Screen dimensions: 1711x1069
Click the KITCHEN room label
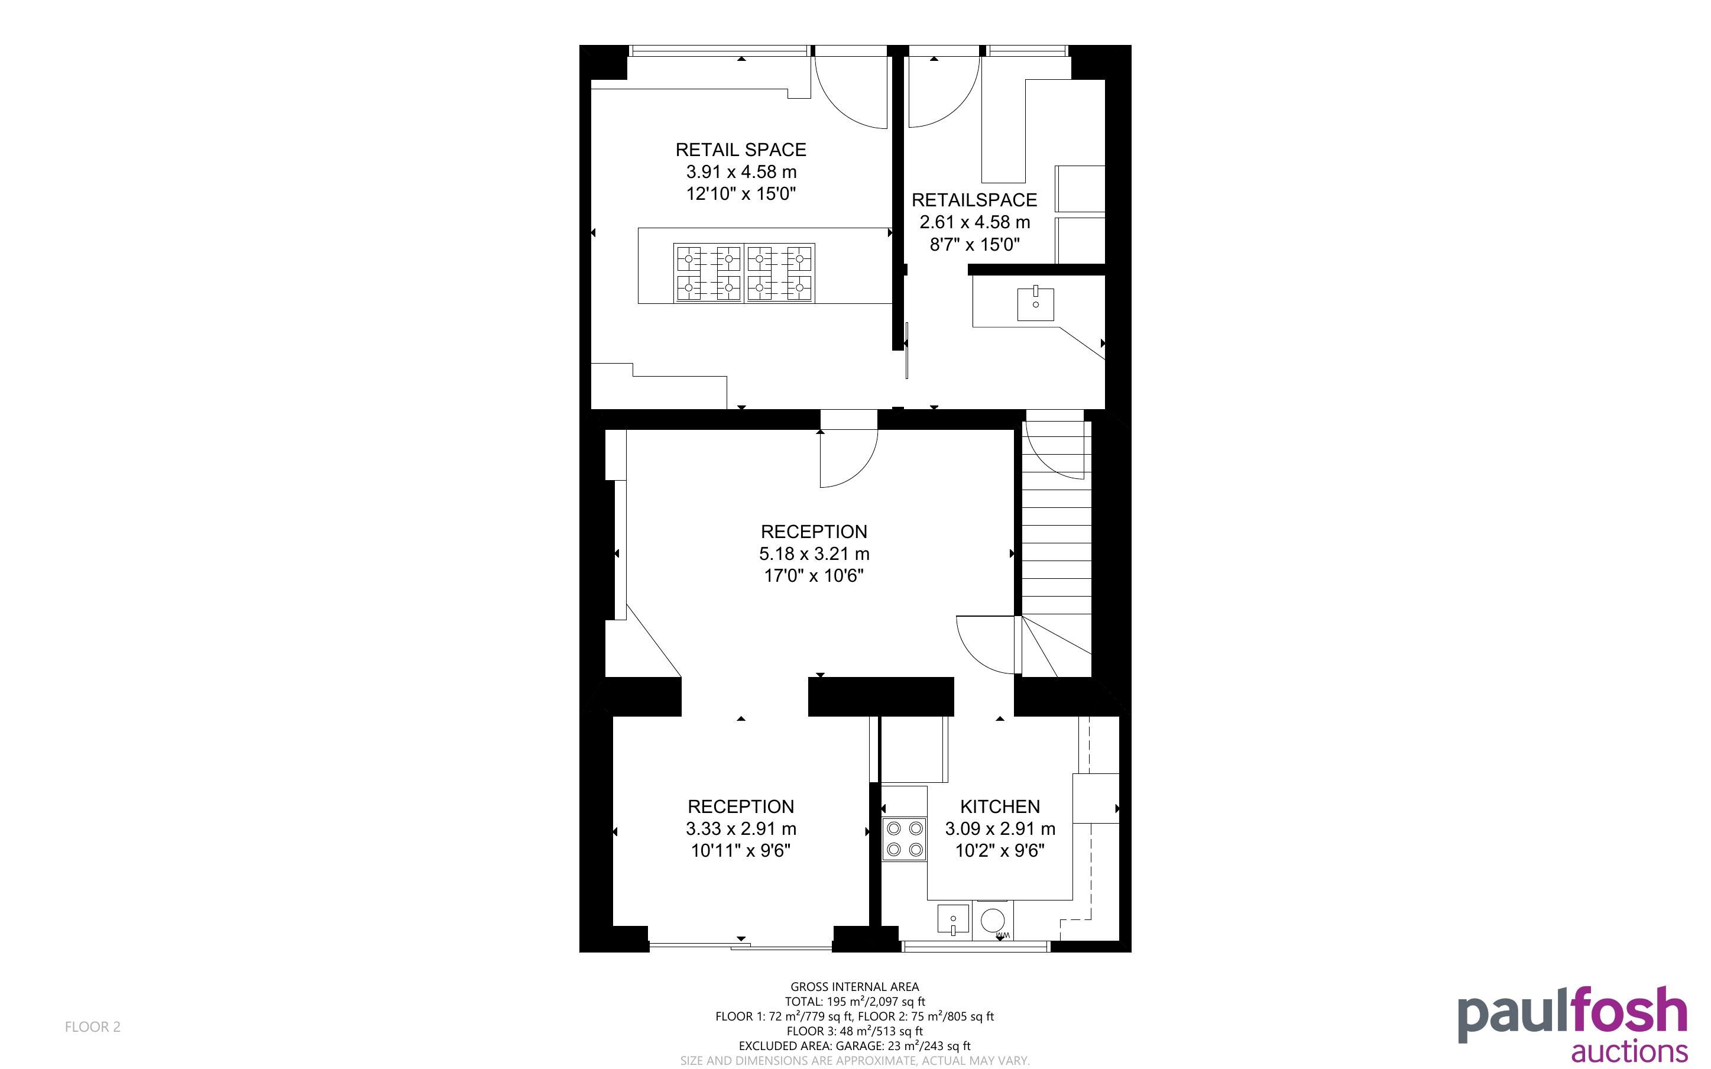999,806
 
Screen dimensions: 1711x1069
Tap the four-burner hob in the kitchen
904,838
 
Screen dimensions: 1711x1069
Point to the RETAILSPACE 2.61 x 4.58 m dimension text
974,222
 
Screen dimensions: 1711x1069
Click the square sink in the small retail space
1035,303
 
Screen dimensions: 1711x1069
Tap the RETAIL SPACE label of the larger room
741,150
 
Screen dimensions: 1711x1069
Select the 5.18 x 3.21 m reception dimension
814,553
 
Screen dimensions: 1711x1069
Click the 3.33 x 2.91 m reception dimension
741,828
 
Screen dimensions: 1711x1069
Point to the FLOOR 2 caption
93,1026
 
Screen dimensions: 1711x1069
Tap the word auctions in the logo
1630,1051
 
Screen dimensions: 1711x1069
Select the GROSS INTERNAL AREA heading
854,986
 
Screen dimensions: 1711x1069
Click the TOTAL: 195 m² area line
854,1001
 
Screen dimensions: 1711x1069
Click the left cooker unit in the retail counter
708,273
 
